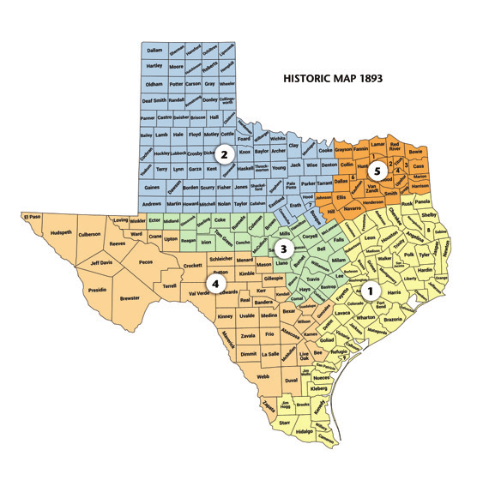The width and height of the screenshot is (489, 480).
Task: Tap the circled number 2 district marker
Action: (x=223, y=155)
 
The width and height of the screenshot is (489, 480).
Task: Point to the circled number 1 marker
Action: (x=370, y=290)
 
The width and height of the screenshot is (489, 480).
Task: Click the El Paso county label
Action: (x=33, y=215)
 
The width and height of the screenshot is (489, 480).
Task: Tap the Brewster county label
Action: (x=130, y=298)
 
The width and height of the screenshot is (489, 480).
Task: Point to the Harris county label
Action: (x=395, y=293)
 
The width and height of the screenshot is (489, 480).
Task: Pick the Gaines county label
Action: (x=152, y=187)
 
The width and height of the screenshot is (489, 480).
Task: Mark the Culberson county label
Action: (x=89, y=232)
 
